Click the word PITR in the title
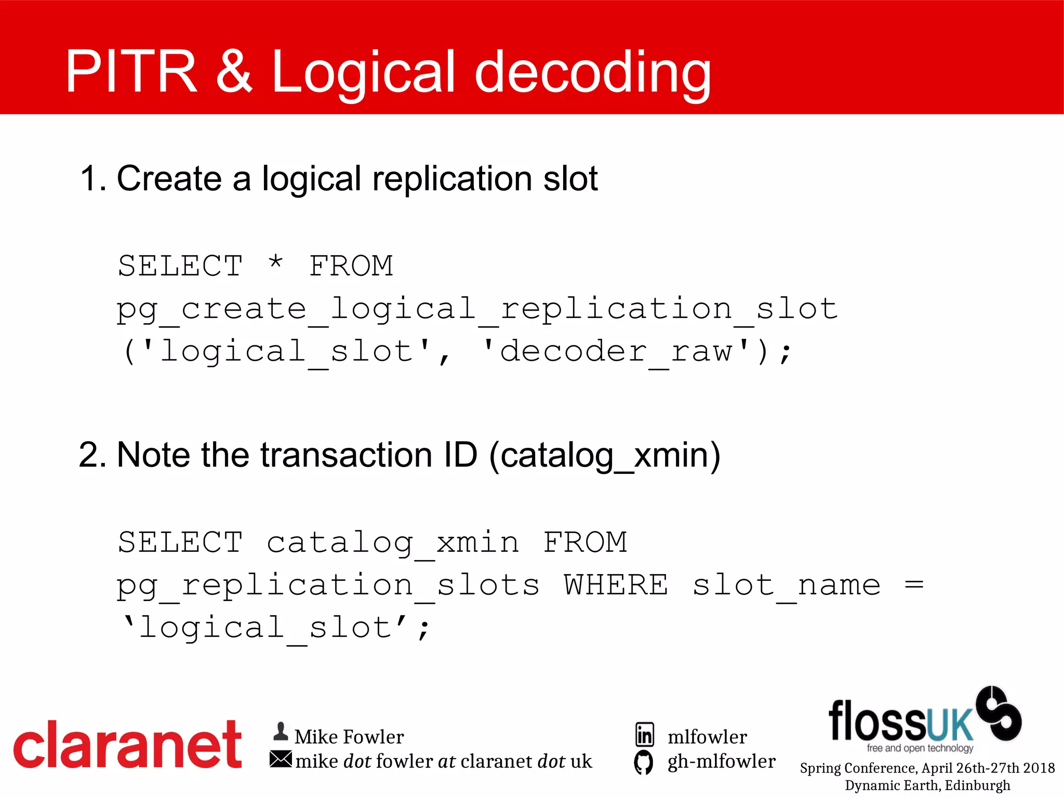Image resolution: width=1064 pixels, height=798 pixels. tap(131, 72)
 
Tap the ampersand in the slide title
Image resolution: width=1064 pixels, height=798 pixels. tap(234, 72)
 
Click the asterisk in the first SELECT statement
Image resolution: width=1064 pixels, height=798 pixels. tap(276, 263)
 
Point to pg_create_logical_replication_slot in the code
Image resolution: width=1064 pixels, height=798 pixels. tap(477, 310)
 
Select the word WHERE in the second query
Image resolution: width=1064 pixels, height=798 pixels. tap(616, 586)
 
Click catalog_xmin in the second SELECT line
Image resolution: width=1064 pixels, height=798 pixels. tap(393, 543)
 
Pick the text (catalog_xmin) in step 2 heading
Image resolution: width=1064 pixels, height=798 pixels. tap(605, 456)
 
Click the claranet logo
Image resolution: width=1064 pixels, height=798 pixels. tap(128, 745)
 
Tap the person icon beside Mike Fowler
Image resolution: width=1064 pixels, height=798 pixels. tap(281, 732)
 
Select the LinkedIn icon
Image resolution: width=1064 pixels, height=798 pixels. tap(645, 735)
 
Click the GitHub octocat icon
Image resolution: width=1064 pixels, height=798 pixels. tap(644, 762)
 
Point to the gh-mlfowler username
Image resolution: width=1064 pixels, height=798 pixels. tap(721, 762)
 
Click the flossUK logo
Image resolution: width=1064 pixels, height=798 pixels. tap(925, 720)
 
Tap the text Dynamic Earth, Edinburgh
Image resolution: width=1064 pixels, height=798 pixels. tap(927, 786)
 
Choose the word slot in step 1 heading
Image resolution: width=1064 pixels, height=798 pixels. tap(570, 179)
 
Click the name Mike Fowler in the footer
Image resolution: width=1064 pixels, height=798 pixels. tap(349, 737)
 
